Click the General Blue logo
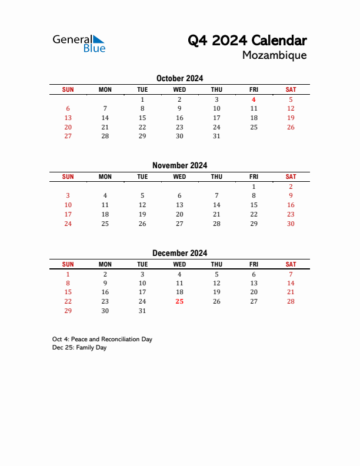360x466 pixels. point(79,44)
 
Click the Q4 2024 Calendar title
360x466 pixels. point(247,41)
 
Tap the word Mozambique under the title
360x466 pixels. point(274,55)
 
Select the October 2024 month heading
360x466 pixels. point(179,78)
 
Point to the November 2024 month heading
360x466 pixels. point(179,165)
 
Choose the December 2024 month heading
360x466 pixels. point(179,253)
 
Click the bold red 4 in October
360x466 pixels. point(254,99)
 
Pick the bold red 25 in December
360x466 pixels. point(179,301)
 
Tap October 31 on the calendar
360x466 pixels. point(216,136)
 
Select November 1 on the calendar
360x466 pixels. point(254,187)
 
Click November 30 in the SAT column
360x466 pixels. point(291,224)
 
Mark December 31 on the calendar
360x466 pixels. point(142,311)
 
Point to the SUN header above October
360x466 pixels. point(68,89)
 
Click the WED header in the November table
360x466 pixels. point(179,177)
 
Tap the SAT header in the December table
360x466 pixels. point(291,264)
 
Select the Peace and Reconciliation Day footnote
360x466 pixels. point(102,339)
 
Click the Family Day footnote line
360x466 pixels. point(79,348)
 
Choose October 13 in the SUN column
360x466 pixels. point(68,118)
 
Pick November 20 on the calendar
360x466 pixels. point(179,214)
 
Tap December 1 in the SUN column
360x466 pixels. point(68,274)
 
